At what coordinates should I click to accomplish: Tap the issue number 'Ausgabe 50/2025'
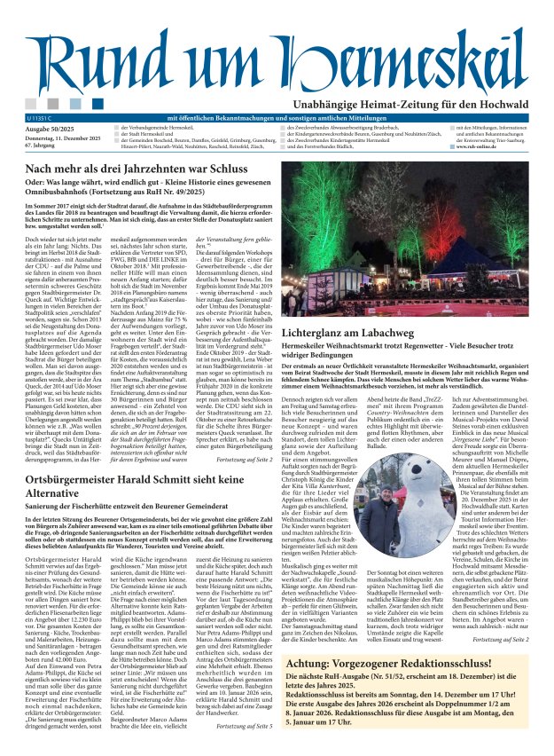click(52, 129)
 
